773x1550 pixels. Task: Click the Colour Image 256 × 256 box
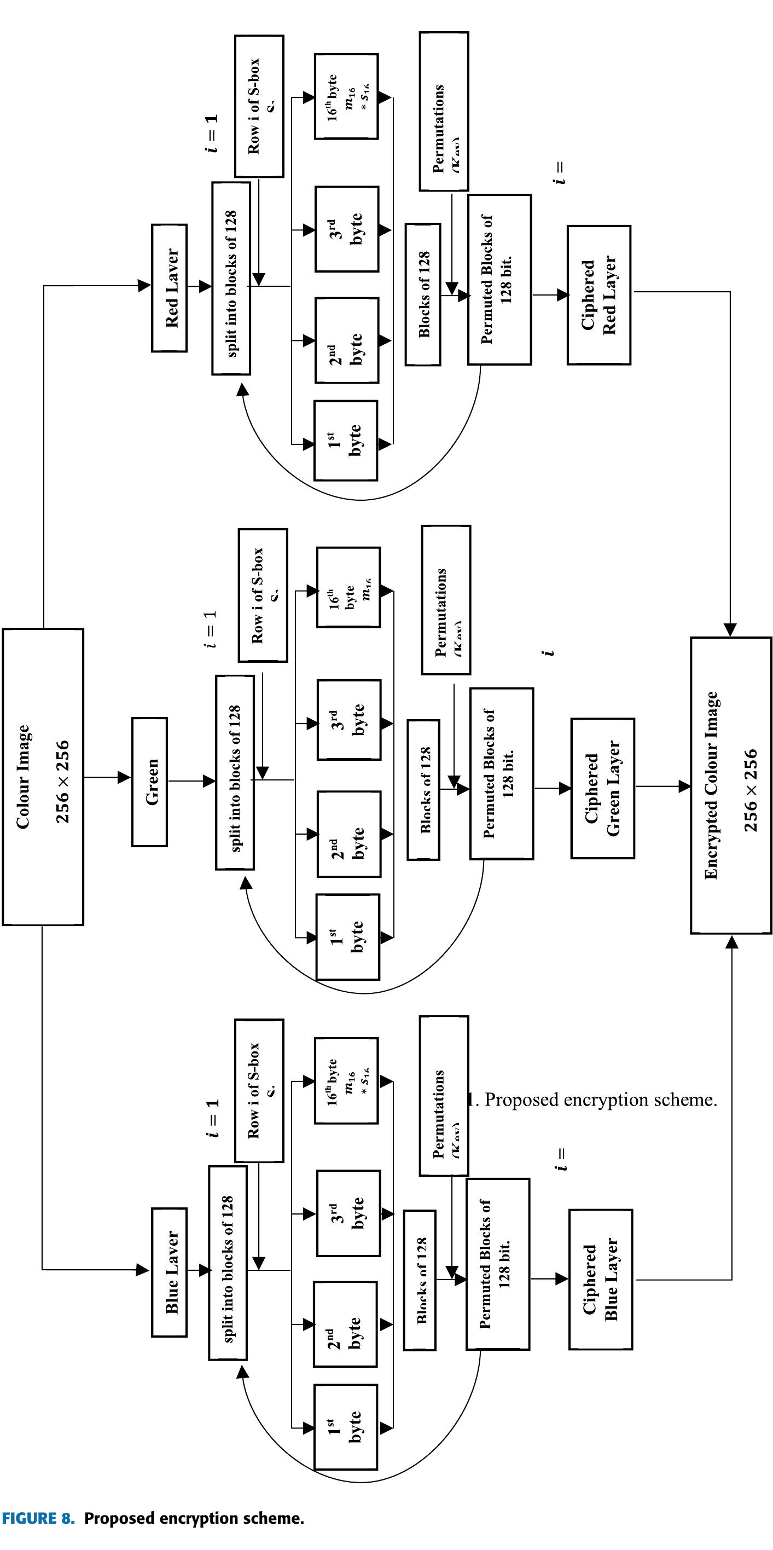(x=43, y=776)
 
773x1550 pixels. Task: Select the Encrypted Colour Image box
(x=730, y=785)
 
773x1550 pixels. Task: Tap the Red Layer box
(x=169, y=288)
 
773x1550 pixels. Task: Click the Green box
(x=150, y=782)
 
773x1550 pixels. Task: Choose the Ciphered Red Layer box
(x=598, y=295)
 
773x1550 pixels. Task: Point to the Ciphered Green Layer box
(x=602, y=788)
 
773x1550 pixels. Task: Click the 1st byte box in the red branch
(x=346, y=441)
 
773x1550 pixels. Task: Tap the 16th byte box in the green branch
(x=348, y=587)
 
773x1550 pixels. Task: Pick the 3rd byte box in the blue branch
(x=347, y=1213)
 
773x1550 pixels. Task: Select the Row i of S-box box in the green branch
(x=263, y=595)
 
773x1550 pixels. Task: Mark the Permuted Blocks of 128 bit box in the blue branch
(x=497, y=1264)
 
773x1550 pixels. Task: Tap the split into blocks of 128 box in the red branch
(x=231, y=278)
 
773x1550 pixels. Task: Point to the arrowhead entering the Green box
(x=125, y=777)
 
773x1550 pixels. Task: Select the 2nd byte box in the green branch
(x=348, y=834)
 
